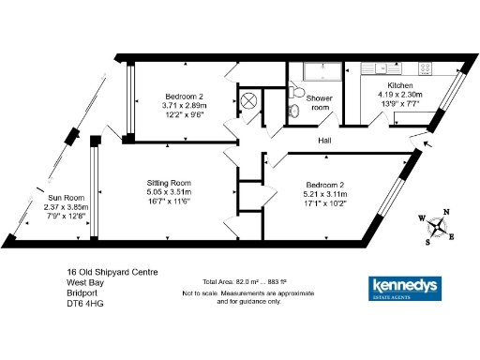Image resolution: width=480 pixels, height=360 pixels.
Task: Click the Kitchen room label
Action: click(400, 83)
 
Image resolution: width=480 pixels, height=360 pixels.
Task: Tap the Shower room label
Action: click(321, 102)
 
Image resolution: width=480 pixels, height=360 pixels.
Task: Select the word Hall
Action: click(325, 141)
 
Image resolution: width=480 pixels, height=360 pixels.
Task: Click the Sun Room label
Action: click(66, 199)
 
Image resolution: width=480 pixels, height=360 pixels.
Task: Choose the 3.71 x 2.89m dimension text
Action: click(184, 106)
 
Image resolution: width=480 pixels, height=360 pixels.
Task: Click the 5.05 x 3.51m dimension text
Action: click(169, 193)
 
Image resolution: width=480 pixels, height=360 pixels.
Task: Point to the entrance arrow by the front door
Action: click(428, 143)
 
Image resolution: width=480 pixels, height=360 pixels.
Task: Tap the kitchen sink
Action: click(368, 68)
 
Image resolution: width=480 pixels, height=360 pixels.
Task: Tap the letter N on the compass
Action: click(447, 211)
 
